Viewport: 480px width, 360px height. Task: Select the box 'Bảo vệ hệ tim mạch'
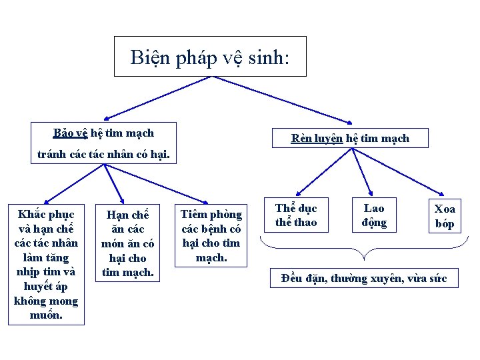tap(103, 132)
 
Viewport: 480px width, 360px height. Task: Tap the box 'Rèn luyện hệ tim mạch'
tap(350, 138)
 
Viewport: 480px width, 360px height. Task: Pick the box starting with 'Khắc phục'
tap(46, 264)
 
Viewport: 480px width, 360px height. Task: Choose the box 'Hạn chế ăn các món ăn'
tap(127, 243)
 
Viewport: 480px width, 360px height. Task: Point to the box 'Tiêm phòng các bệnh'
tap(212, 235)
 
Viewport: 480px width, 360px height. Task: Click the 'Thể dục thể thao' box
tap(296, 215)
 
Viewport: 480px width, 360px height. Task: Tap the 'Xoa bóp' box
tap(445, 217)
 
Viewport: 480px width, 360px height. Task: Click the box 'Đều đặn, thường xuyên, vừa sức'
tap(364, 278)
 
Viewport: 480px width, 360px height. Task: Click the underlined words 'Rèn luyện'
tap(317, 139)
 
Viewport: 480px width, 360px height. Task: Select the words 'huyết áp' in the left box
tap(46, 286)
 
